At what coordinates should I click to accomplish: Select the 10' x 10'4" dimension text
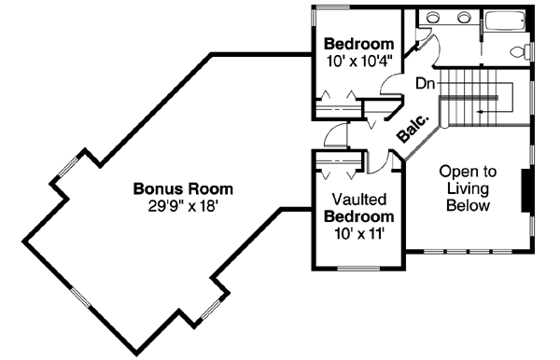click(x=358, y=62)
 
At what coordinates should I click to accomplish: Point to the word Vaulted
click(x=359, y=200)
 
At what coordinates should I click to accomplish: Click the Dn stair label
click(x=426, y=83)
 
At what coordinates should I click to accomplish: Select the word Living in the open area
click(x=469, y=189)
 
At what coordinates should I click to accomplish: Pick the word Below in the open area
click(x=469, y=206)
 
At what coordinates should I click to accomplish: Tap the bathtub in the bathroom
click(x=505, y=21)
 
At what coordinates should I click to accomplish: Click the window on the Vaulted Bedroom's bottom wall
click(x=358, y=270)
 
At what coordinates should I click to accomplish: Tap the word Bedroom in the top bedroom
click(x=358, y=45)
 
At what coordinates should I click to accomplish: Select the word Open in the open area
click(x=469, y=173)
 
